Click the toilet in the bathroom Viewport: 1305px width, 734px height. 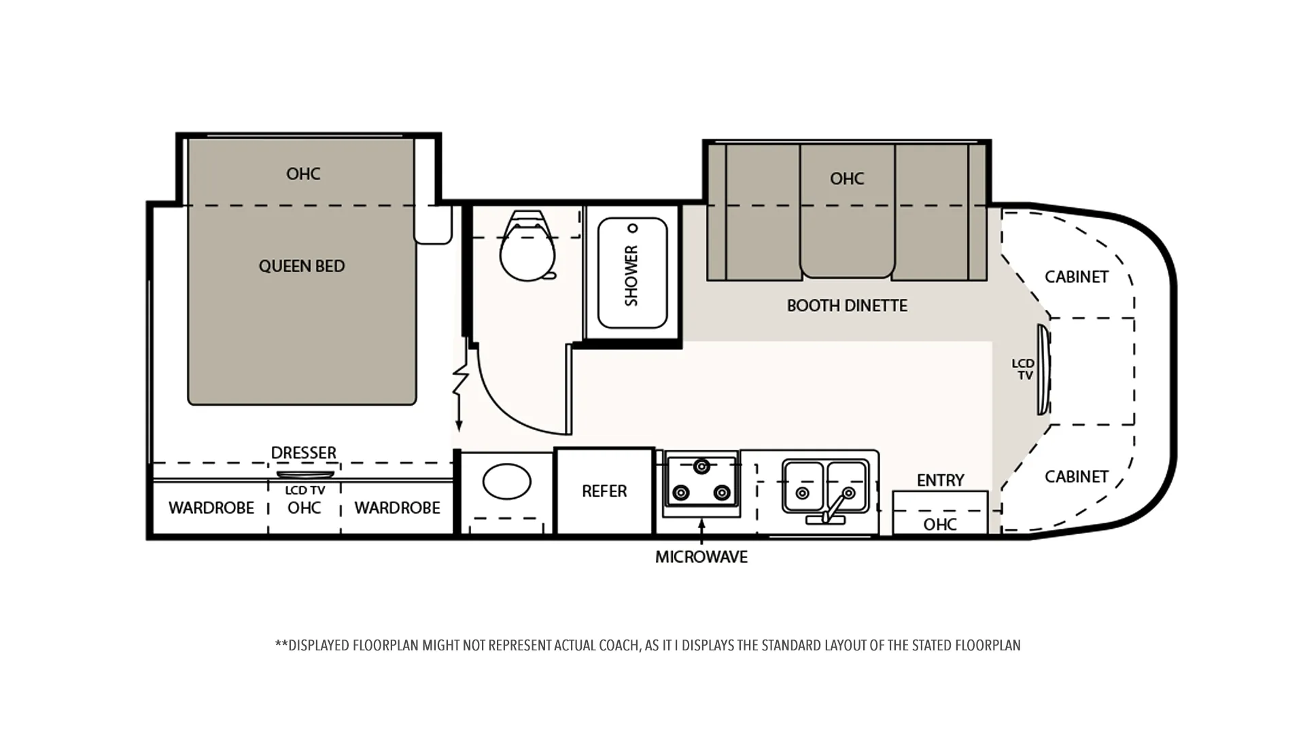pos(528,245)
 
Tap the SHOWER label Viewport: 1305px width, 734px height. pos(631,275)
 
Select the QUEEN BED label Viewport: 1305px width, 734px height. pos(302,266)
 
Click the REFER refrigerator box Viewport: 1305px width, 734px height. pos(604,491)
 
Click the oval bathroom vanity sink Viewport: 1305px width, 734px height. pos(507,481)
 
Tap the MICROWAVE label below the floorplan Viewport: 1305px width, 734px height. pos(701,557)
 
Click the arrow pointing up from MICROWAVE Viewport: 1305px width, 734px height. pos(701,531)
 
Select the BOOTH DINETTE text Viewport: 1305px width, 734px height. pos(847,306)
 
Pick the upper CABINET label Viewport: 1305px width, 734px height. pos(1077,277)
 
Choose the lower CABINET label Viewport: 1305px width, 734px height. pos(1077,477)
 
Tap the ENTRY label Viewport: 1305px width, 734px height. pos(940,480)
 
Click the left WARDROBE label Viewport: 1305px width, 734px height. pos(211,508)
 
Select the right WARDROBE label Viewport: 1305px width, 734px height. pos(398,508)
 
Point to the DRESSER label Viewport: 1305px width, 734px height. pos(303,453)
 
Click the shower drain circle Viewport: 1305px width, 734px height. pos(633,228)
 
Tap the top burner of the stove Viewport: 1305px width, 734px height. pos(701,466)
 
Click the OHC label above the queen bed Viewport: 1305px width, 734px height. pos(303,174)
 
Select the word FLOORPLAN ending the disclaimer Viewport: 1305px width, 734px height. pos(988,645)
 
